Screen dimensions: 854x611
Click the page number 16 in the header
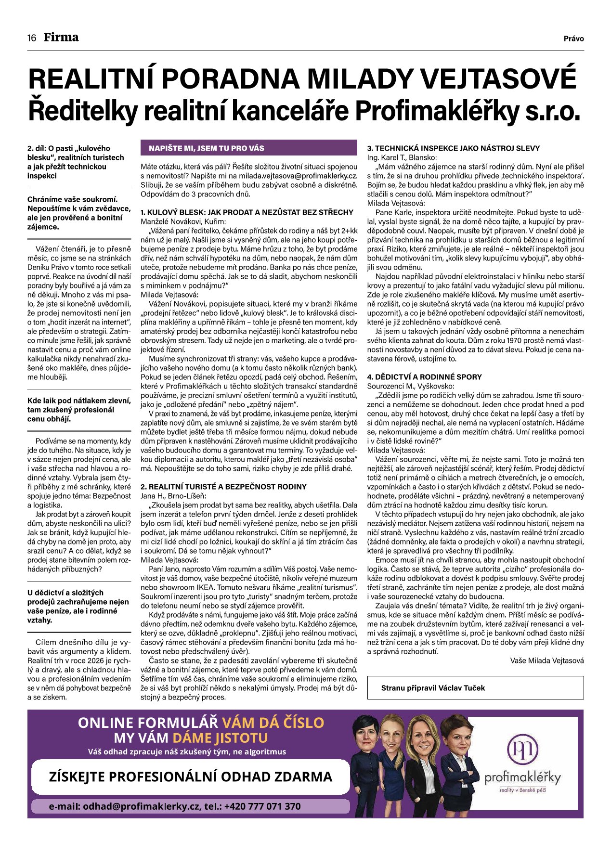(32, 38)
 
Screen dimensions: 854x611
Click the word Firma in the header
(61, 38)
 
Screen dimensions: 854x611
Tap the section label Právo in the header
(573, 39)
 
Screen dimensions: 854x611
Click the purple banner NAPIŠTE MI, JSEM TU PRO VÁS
(248, 148)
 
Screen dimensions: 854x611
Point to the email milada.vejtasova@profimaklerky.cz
(298, 176)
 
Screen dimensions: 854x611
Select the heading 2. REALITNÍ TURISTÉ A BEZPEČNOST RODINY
(223, 487)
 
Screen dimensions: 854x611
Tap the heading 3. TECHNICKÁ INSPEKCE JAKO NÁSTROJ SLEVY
(453, 148)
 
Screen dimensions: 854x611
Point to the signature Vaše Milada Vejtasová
(546, 660)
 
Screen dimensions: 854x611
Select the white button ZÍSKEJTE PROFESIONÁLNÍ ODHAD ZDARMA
(191, 777)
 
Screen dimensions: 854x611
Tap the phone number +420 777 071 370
(262, 806)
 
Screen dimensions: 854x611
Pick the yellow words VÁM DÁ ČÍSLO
(273, 723)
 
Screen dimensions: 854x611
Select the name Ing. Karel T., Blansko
(402, 157)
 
